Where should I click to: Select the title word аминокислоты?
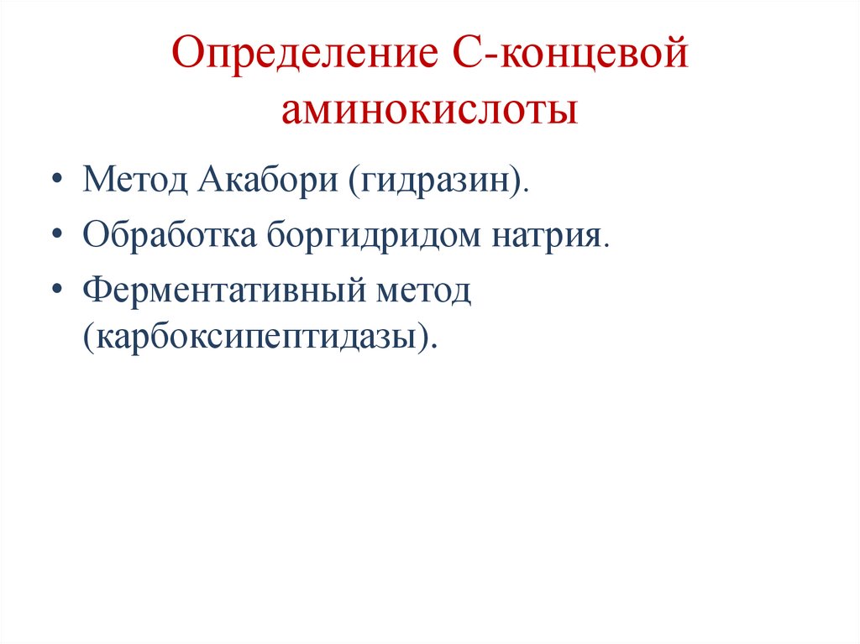[x=429, y=110]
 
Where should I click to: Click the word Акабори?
[x=264, y=180]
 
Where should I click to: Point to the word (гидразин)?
[x=433, y=180]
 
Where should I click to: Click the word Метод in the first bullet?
[x=133, y=180]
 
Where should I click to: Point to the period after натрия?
[x=604, y=243]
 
